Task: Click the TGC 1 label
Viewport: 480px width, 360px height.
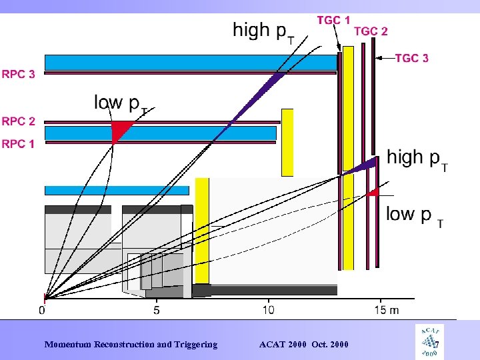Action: click(333, 20)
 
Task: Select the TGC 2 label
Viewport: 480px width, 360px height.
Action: click(371, 31)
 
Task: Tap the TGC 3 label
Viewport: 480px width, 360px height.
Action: click(411, 59)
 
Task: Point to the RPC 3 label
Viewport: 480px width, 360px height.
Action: click(19, 75)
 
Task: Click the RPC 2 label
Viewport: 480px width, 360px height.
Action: click(19, 121)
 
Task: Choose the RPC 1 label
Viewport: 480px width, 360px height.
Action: click(19, 143)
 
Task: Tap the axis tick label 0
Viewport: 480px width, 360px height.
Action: click(43, 310)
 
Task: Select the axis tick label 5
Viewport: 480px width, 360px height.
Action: click(156, 310)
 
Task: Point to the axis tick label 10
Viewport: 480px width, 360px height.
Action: click(268, 310)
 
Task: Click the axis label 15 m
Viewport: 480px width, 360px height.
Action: click(387, 310)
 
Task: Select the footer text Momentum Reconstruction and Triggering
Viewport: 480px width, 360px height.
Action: click(131, 345)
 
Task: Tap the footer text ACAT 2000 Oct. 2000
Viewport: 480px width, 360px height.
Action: click(303, 345)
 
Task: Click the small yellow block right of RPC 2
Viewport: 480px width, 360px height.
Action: click(287, 142)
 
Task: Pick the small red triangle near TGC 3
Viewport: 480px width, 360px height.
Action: click(373, 192)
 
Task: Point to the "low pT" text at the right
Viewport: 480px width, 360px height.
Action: click(413, 215)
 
